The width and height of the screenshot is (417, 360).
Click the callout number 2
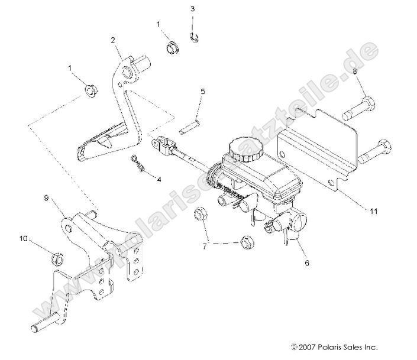pos(112,41)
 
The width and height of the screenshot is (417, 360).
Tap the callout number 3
pos(192,9)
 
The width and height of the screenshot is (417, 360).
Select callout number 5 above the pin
pos(202,92)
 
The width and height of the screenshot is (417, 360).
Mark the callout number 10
pos(23,239)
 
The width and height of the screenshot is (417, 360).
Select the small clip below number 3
pos(194,37)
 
